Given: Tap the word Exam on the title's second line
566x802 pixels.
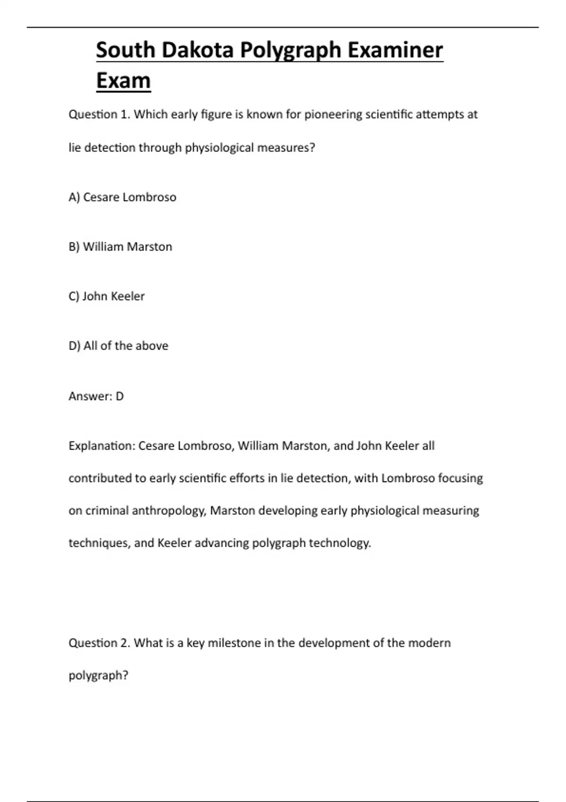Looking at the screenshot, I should click(x=123, y=81).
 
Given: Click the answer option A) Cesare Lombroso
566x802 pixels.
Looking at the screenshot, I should click(x=122, y=197).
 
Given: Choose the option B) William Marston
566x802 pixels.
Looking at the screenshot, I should click(x=120, y=247).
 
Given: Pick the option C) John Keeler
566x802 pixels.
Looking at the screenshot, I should click(x=107, y=296).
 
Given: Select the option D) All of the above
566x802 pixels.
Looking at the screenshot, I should click(x=118, y=346).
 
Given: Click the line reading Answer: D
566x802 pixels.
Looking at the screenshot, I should click(x=96, y=396).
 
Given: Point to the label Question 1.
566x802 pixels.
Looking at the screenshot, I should click(x=99, y=115).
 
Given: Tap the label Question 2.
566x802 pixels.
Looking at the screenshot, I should click(x=99, y=643).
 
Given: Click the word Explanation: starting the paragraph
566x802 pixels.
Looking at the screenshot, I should click(x=101, y=446).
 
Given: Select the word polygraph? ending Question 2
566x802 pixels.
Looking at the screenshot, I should click(x=99, y=676).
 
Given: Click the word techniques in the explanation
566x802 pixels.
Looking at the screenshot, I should click(x=98, y=543).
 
